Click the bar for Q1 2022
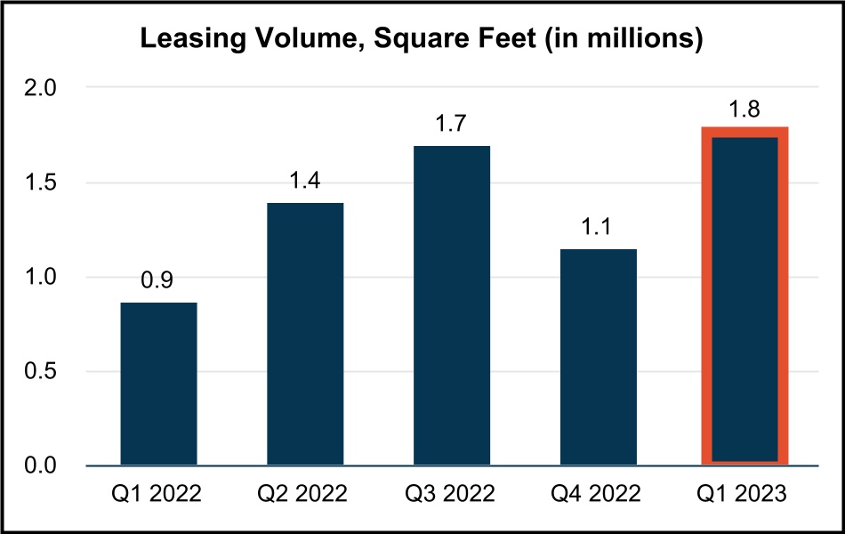(x=158, y=384)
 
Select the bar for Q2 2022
(x=305, y=334)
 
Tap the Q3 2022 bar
(x=452, y=305)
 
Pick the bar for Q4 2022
(x=599, y=357)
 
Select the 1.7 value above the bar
(x=452, y=124)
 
